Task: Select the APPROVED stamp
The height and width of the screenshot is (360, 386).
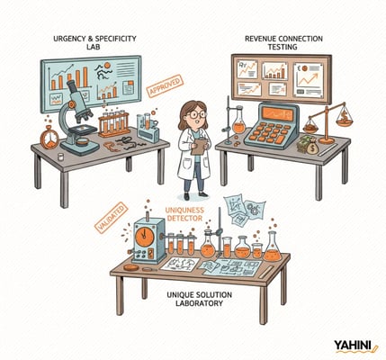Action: click(x=166, y=87)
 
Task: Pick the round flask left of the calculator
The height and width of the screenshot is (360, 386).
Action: click(x=238, y=125)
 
